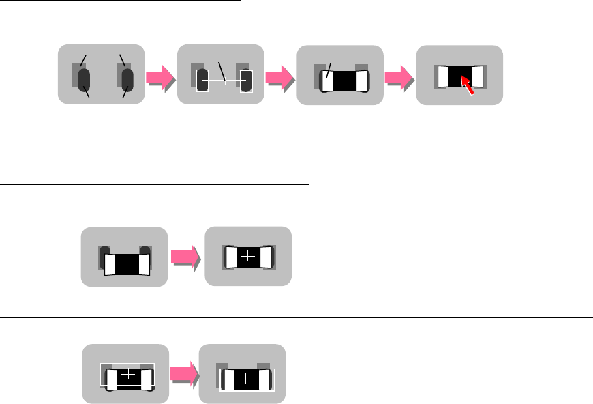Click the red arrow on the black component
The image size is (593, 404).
point(467,85)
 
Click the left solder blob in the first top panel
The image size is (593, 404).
point(85,79)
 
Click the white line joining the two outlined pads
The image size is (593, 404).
point(224,81)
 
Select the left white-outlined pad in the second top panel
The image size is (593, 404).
point(202,81)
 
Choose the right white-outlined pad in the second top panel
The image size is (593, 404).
point(246,81)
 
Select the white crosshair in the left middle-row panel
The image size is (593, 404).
point(127,258)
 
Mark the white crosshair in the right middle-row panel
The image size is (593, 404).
point(248,257)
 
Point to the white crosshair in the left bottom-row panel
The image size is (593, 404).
point(128,375)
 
